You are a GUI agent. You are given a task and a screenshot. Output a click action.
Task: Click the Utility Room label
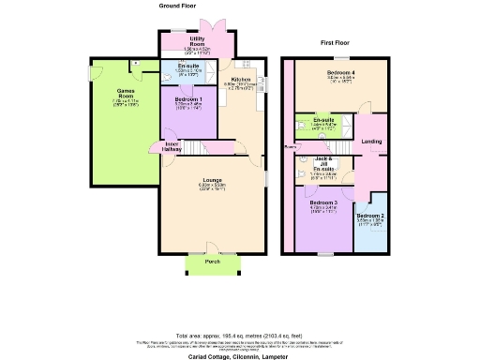pyautogui.click(x=197, y=42)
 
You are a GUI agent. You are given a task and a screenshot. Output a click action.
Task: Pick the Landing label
pyautogui.click(x=371, y=142)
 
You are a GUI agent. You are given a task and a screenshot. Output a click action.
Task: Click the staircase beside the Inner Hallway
pyautogui.click(x=191, y=147)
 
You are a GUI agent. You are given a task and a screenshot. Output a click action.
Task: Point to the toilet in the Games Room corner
pyautogui.click(x=137, y=63)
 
